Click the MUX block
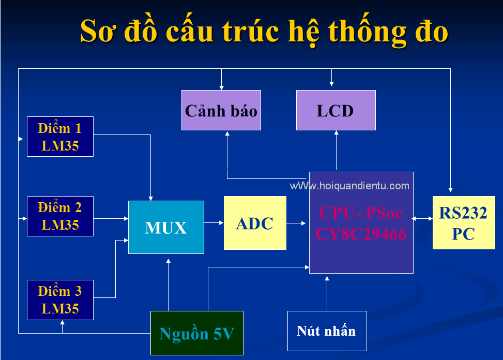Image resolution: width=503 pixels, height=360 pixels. tap(166, 227)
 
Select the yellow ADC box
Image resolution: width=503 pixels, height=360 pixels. tap(255, 223)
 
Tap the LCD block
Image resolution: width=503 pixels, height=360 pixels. tap(336, 110)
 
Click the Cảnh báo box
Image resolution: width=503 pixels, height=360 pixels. tap(221, 110)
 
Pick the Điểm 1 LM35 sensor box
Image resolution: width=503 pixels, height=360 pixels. tap(60, 137)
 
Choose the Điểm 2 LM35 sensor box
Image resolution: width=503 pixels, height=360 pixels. tap(60, 216)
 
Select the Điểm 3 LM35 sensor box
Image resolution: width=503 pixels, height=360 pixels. tap(60, 300)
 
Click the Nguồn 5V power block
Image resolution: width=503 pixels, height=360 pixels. tap(197, 333)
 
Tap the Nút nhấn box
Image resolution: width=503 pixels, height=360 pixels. tap(327, 331)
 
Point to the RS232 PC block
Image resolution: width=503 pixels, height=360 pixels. tap(464, 223)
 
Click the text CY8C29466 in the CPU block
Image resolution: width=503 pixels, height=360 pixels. tap(361, 234)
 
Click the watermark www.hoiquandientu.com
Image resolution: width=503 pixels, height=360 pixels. tap(349, 186)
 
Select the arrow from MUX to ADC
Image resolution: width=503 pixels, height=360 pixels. tap(214, 222)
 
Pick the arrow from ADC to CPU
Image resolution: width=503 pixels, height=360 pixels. tap(296, 223)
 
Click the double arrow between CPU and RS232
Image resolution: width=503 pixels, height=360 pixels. tap(422, 218)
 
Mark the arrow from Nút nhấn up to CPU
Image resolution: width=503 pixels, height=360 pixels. tap(327, 293)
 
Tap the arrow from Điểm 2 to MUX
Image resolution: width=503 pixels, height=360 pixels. tap(111, 218)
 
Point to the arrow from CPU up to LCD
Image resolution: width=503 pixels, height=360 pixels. tap(336, 150)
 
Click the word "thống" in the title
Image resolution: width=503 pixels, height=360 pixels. tap(367, 31)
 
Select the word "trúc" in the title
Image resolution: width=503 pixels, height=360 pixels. tap(251, 31)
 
